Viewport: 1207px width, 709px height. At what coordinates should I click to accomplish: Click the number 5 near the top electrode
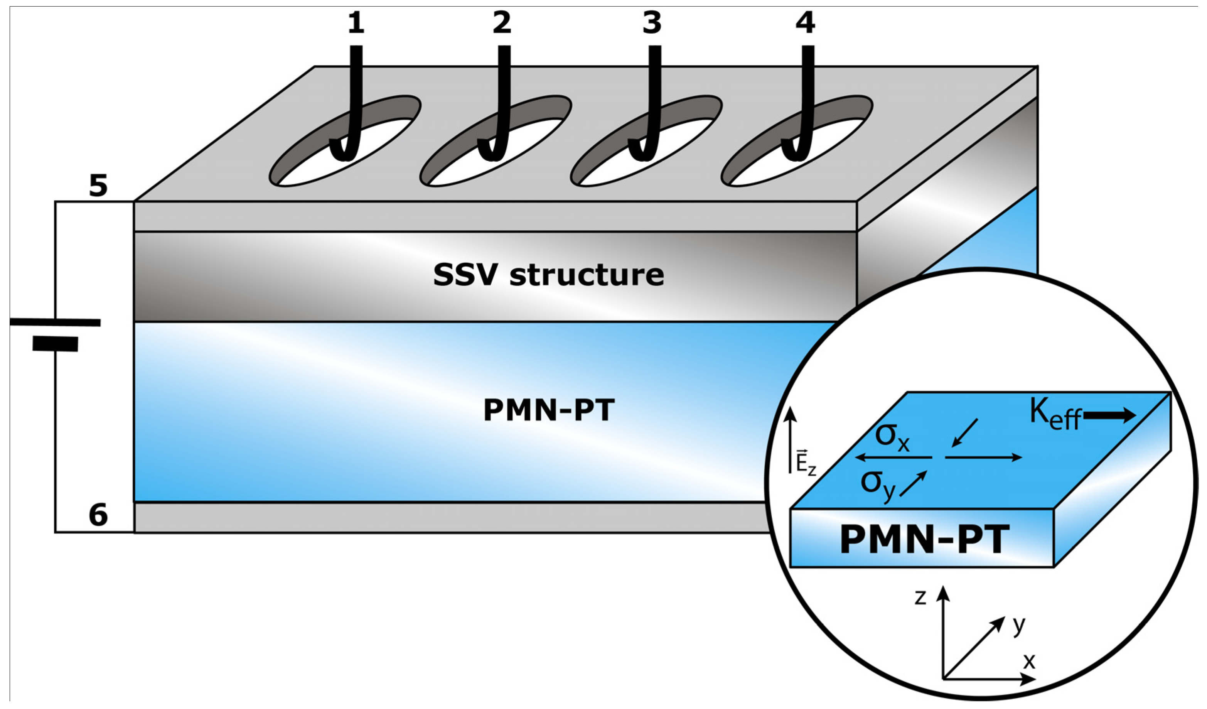98,186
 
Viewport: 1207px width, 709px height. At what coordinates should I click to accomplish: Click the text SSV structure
548,275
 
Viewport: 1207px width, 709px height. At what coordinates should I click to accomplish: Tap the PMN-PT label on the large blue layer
548,410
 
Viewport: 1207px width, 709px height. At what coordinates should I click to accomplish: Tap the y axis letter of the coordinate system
1019,625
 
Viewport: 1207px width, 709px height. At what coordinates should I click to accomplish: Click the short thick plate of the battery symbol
55,344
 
